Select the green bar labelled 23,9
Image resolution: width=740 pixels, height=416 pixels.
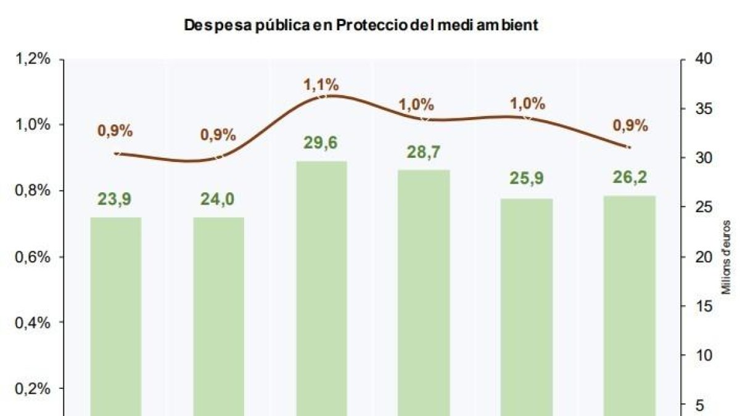coord(116,314)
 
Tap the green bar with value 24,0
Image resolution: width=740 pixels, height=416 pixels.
coord(219,314)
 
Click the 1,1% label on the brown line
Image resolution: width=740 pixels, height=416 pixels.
coord(321,85)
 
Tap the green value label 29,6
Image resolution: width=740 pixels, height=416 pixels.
coord(321,143)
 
